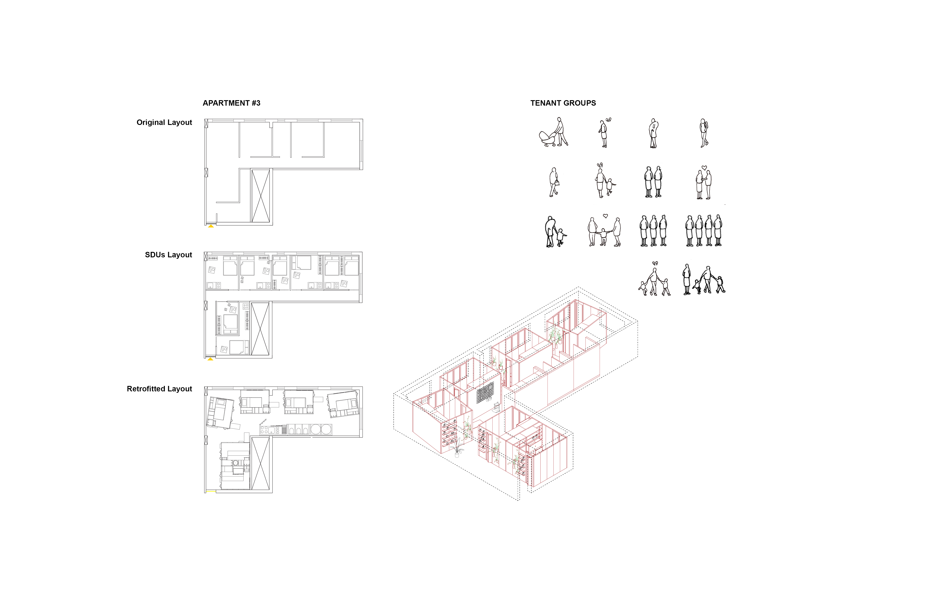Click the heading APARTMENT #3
(232, 103)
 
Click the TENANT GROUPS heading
(563, 103)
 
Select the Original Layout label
(164, 123)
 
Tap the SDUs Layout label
(169, 255)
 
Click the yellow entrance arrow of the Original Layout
(211, 226)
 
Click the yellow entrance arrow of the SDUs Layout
(210, 359)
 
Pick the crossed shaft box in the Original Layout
(260, 196)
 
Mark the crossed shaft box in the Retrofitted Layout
(260, 464)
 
